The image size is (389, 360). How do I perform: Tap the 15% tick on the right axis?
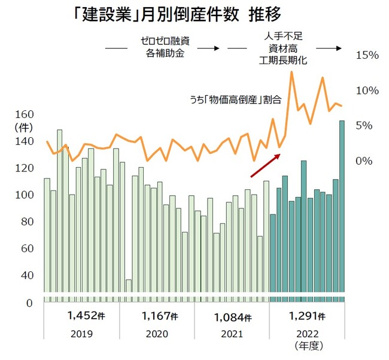367,56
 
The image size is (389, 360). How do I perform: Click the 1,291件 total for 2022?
305,316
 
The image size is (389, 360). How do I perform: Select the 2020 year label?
156,333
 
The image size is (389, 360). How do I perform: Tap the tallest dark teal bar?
342,210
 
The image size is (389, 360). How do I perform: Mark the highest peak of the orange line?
291,72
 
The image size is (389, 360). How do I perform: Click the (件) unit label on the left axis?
22,127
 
